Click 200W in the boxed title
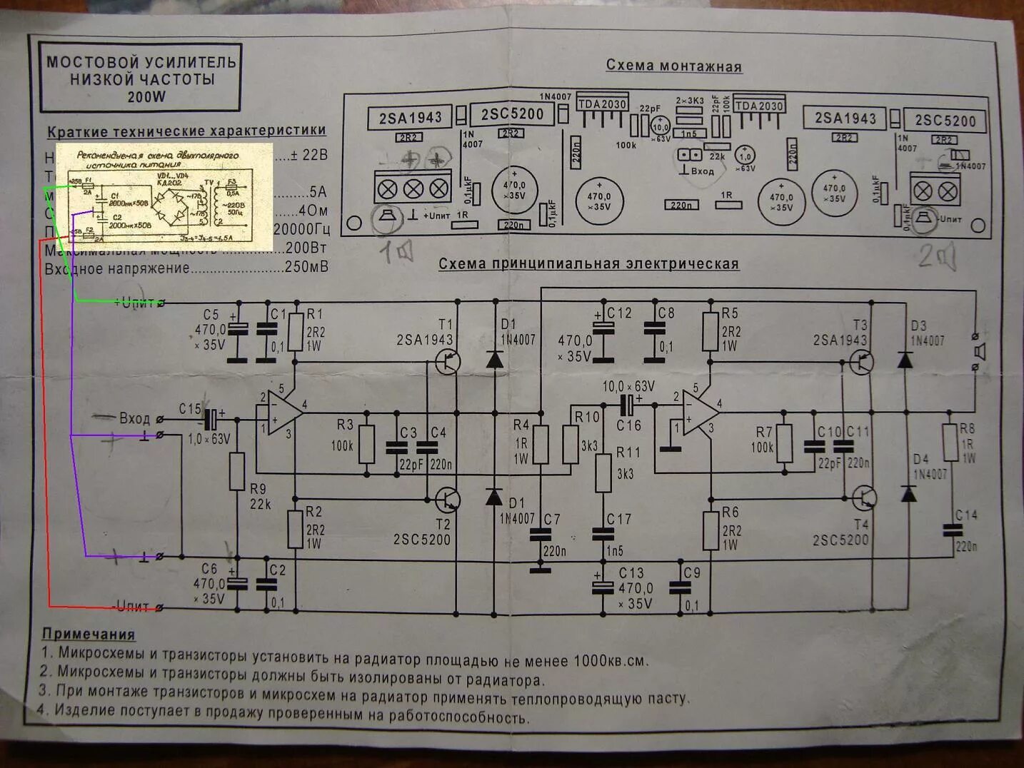pos(146,97)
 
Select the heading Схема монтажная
pos(673,66)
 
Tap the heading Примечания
pos(89,634)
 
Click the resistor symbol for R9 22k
pos(237,471)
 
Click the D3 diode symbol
pos(905,360)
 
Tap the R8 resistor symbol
pos(949,443)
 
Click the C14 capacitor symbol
pos(950,530)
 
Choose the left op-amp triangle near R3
pos(279,413)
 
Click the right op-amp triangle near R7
pos(698,413)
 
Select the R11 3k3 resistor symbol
pos(603,472)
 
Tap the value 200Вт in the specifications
pos(306,248)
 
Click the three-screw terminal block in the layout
pos(413,188)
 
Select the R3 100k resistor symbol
pos(366,445)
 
